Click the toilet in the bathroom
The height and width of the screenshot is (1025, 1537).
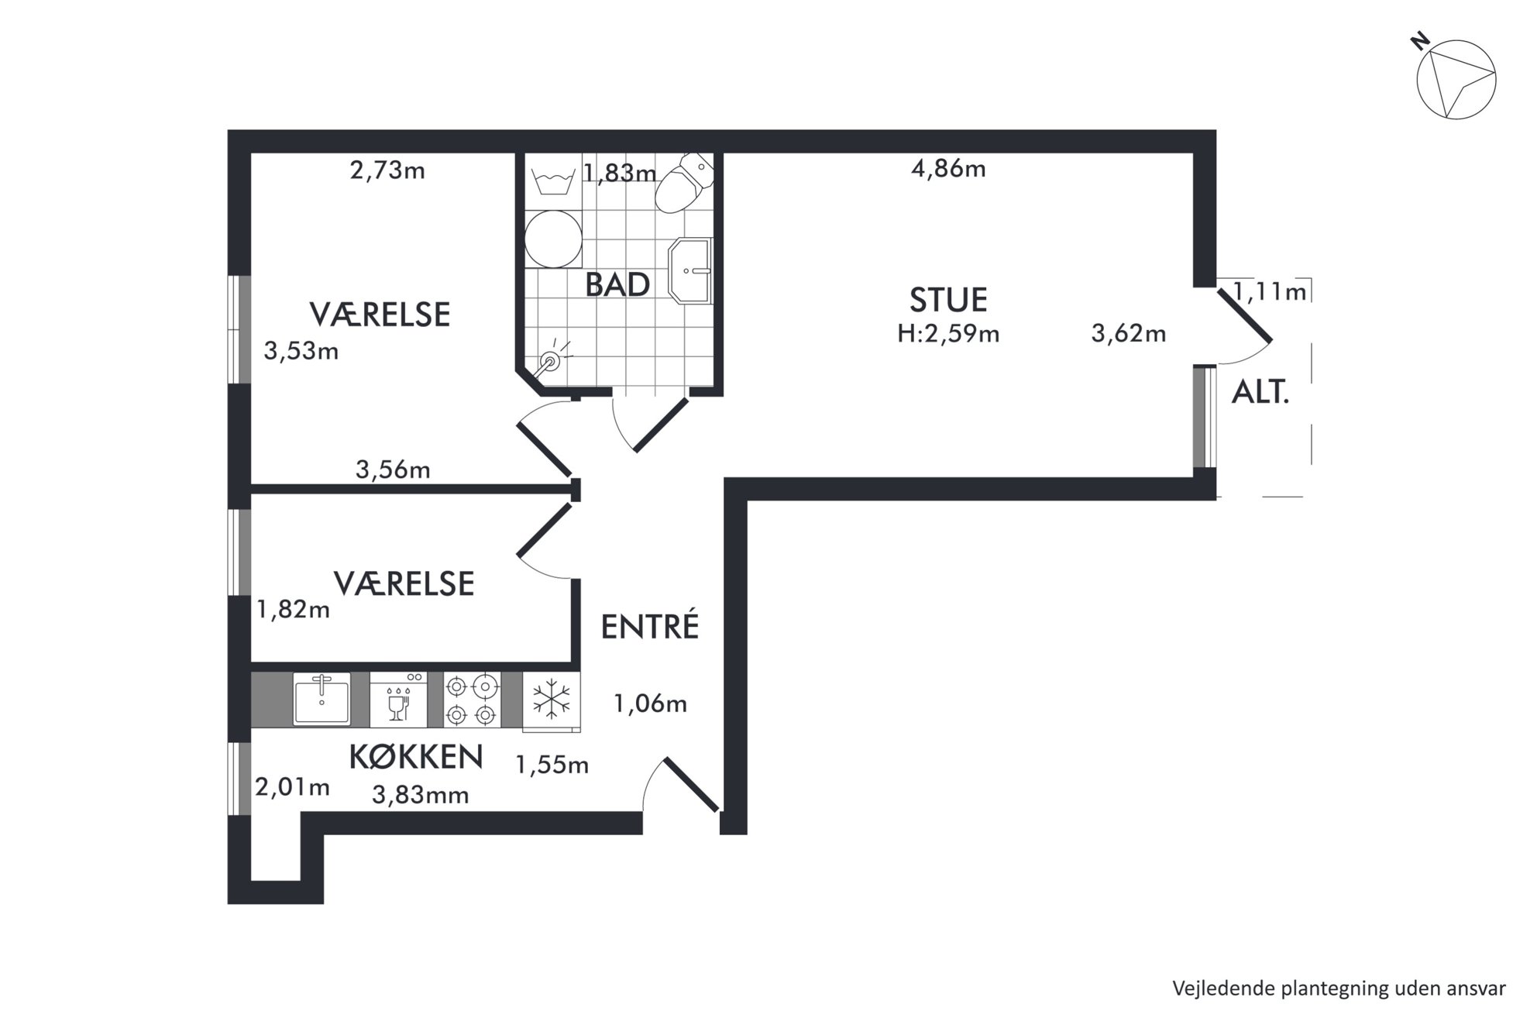click(683, 182)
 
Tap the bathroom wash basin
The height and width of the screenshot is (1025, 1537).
click(690, 270)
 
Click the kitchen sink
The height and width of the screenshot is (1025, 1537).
click(321, 699)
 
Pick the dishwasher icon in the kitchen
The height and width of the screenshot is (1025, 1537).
click(399, 699)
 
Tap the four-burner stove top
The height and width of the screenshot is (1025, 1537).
click(472, 699)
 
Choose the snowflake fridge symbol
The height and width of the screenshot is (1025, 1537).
click(552, 701)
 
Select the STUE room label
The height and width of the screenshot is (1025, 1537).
click(948, 300)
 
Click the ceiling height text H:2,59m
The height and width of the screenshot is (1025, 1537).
click(948, 334)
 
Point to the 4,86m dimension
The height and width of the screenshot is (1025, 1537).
click(948, 168)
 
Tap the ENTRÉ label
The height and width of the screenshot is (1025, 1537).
click(650, 626)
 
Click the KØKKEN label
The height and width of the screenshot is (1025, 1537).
click(416, 757)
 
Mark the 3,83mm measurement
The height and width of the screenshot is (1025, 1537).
click(421, 795)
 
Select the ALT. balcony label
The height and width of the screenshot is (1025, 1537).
click(1260, 394)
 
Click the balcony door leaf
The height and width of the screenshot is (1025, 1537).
click(1244, 315)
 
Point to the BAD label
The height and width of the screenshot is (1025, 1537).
click(617, 285)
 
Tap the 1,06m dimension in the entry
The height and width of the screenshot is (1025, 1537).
click(650, 703)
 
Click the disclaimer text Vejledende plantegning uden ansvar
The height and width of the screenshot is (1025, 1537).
click(1339, 989)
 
